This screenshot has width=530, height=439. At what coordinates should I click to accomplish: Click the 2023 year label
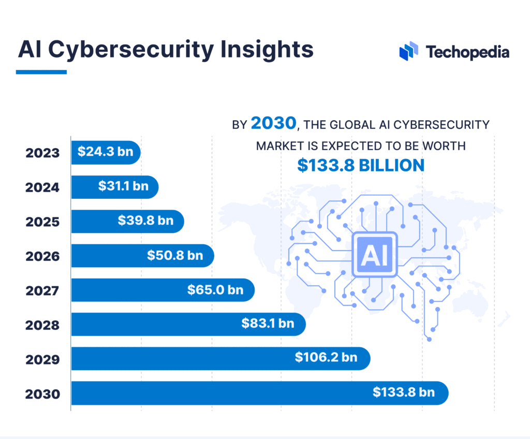click(x=42, y=153)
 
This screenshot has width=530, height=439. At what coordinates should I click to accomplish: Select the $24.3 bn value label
click(x=105, y=153)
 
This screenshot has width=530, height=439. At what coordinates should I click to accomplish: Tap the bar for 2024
click(x=114, y=187)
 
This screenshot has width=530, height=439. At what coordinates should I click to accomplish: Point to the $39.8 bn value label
click(x=145, y=221)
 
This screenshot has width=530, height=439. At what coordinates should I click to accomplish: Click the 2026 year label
click(x=42, y=256)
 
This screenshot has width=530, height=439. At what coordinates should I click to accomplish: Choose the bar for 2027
click(x=163, y=290)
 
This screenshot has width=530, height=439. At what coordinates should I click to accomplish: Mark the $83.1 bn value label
click(x=268, y=324)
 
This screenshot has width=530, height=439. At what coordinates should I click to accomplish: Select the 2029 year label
click(x=42, y=359)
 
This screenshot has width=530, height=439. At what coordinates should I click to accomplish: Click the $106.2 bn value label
click(x=326, y=358)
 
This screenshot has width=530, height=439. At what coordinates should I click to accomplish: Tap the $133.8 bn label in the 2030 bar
click(x=404, y=393)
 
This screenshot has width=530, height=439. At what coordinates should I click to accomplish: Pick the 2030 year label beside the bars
click(x=42, y=394)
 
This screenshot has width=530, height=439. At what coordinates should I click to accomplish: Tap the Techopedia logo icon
click(x=409, y=51)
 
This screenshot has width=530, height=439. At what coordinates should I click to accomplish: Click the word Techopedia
click(x=467, y=52)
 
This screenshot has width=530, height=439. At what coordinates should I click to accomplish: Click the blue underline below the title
click(x=41, y=72)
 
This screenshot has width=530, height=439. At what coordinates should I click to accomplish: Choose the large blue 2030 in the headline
click(x=274, y=124)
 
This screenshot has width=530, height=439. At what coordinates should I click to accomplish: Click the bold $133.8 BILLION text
click(x=361, y=165)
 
